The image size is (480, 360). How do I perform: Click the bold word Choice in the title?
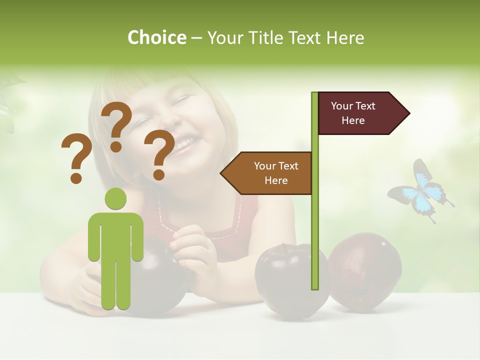156,37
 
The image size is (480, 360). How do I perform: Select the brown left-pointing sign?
267,173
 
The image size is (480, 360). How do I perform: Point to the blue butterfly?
421,191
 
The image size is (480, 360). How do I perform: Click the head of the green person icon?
115,198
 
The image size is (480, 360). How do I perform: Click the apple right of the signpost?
365,272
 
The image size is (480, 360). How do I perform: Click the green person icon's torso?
115,235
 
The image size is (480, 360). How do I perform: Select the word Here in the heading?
345,37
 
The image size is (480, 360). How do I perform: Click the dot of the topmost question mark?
116,146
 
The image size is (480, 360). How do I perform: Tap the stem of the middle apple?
283,248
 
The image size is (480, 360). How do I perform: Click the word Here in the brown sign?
276,180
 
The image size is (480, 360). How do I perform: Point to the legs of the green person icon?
115,285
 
